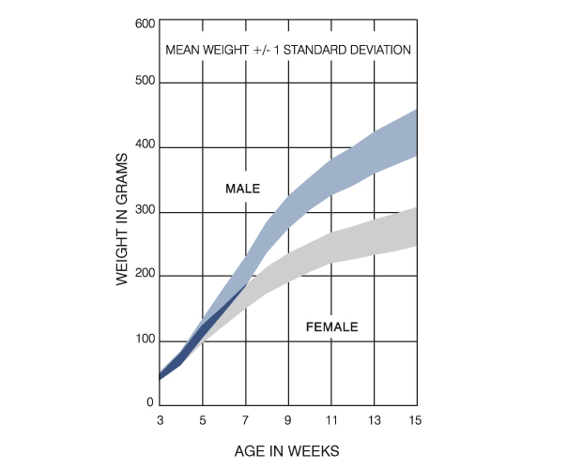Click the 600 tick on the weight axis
click(x=145, y=23)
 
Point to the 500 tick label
click(x=145, y=83)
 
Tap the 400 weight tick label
click(x=145, y=147)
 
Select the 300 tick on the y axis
click(x=145, y=212)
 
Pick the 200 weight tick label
click(x=145, y=276)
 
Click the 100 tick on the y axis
click(x=145, y=340)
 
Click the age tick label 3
click(x=161, y=419)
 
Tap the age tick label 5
click(x=203, y=419)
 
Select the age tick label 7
click(x=246, y=419)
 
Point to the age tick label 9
click(x=288, y=419)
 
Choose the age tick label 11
click(x=330, y=419)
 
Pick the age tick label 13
click(x=374, y=419)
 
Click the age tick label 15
click(x=416, y=419)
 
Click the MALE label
click(x=242, y=189)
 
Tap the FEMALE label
click(x=331, y=327)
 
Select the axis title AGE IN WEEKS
click(x=286, y=451)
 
